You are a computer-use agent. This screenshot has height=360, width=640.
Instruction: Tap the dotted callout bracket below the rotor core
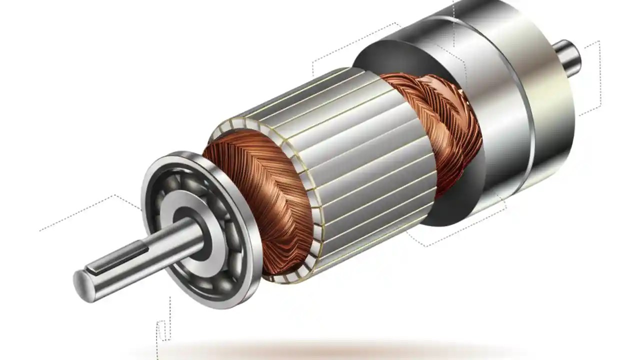[x=450, y=235]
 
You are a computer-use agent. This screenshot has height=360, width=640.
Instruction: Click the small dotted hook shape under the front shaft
[x=161, y=332]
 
